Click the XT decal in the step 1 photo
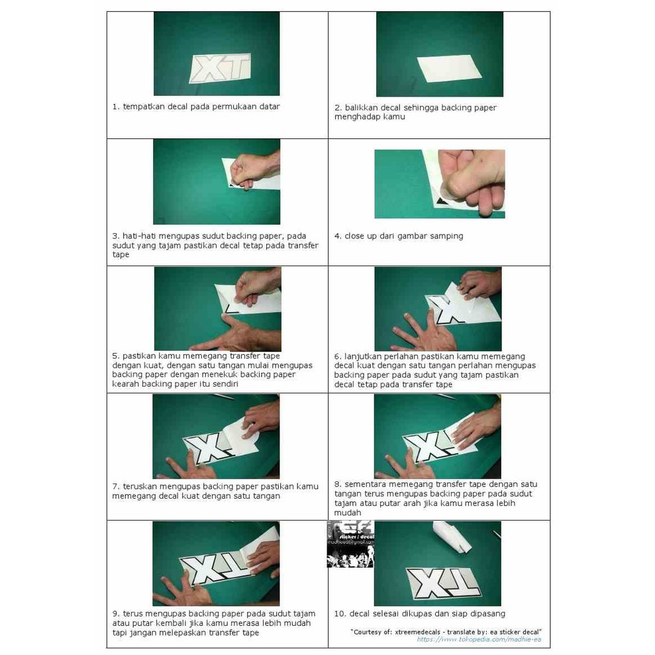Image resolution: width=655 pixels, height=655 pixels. [x=221, y=68]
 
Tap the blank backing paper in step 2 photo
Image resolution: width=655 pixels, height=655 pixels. [x=450, y=69]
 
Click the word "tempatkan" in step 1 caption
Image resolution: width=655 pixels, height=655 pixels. [x=144, y=107]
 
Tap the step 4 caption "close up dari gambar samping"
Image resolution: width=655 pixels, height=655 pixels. [x=404, y=236]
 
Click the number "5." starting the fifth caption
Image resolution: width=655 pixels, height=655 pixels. [x=116, y=356]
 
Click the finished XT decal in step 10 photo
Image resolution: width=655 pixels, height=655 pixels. [x=443, y=583]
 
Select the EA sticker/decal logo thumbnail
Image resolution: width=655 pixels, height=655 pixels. [x=350, y=544]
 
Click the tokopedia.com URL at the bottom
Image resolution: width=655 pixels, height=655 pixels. [x=479, y=640]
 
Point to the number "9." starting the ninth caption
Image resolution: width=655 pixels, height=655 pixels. [x=116, y=614]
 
